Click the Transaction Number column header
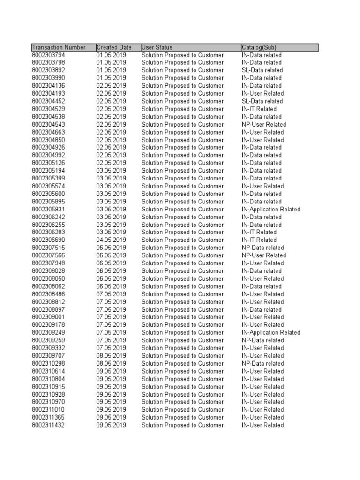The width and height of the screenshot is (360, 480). (x=59, y=47)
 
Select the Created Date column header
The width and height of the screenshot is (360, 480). (x=114, y=47)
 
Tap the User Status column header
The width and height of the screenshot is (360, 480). (x=157, y=47)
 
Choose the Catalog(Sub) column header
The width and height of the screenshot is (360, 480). (x=259, y=47)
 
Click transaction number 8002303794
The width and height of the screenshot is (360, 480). (x=48, y=55)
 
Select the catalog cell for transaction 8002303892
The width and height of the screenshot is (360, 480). (x=262, y=70)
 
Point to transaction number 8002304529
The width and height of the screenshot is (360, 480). (x=48, y=109)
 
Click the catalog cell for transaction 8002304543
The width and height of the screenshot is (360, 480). (x=263, y=124)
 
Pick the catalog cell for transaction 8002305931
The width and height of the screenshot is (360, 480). (x=271, y=209)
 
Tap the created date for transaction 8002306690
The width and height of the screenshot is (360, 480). (x=111, y=240)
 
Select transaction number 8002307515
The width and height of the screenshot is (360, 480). (x=48, y=247)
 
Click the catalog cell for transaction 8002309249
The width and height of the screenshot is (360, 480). (x=271, y=332)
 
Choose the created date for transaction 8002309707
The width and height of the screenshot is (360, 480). (x=111, y=356)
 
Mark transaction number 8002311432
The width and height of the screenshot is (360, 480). (x=48, y=425)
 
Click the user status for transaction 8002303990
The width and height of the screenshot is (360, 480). (x=182, y=78)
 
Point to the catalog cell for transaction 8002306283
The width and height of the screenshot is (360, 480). (x=259, y=232)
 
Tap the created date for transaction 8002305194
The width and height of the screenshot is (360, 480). (x=111, y=171)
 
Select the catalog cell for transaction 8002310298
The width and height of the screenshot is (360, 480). (x=262, y=363)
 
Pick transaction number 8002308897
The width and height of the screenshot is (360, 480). (x=48, y=309)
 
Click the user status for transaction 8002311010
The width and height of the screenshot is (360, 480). (x=182, y=410)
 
